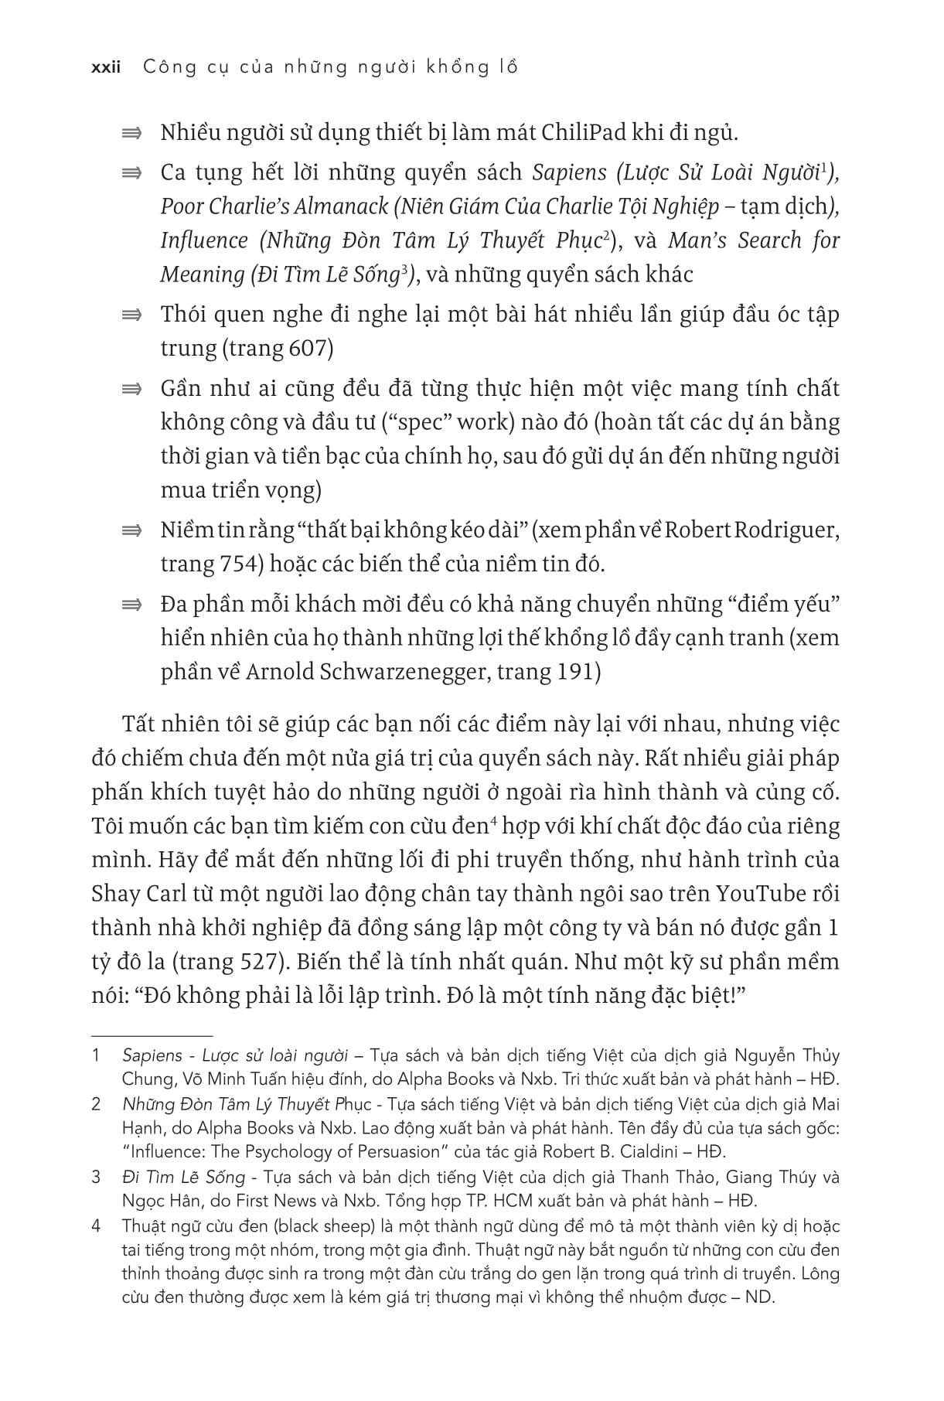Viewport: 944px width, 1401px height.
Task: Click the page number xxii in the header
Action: (x=106, y=67)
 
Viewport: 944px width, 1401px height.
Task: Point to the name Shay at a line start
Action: (x=115, y=893)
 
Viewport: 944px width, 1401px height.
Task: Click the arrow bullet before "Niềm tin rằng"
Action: (x=132, y=531)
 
